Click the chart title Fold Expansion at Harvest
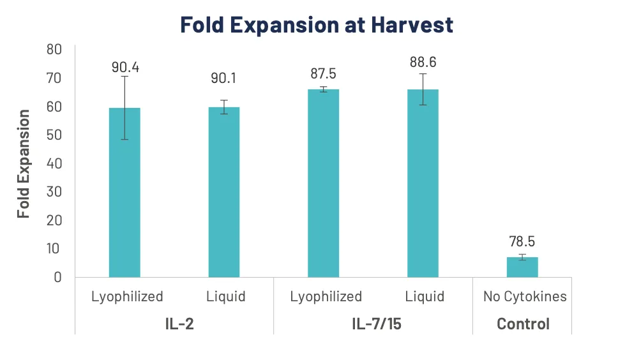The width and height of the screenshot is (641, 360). click(317, 25)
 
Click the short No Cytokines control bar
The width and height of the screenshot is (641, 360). click(522, 267)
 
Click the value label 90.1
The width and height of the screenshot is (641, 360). click(224, 78)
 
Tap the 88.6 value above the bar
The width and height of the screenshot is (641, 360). click(423, 63)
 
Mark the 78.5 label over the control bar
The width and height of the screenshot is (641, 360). click(522, 242)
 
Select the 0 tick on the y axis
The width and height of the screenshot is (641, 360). click(57, 277)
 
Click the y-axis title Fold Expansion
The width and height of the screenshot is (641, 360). click(24, 164)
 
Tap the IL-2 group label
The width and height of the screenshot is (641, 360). click(174, 324)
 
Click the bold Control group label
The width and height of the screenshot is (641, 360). click(523, 324)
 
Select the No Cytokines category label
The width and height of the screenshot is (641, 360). click(525, 297)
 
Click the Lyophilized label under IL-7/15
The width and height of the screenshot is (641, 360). click(326, 297)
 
